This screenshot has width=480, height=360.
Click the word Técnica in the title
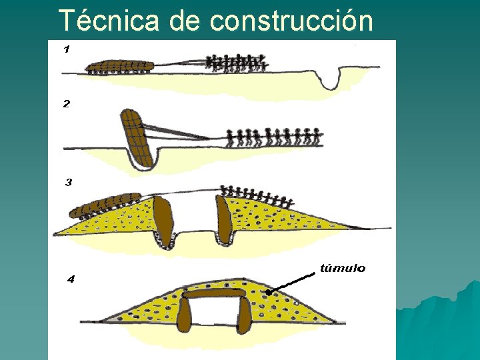click(109, 21)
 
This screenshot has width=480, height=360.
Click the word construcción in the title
click(291, 21)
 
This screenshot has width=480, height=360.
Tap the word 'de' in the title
click(185, 21)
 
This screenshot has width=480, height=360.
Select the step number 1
click(67, 49)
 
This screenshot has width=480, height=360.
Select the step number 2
click(67, 104)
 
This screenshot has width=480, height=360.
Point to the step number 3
click(68, 182)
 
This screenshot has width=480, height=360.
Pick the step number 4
click(71, 279)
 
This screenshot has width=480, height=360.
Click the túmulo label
click(343, 268)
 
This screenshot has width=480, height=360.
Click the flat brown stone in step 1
click(121, 65)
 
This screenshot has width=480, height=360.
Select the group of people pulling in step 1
click(237, 63)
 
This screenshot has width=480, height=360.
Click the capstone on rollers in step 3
click(107, 207)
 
